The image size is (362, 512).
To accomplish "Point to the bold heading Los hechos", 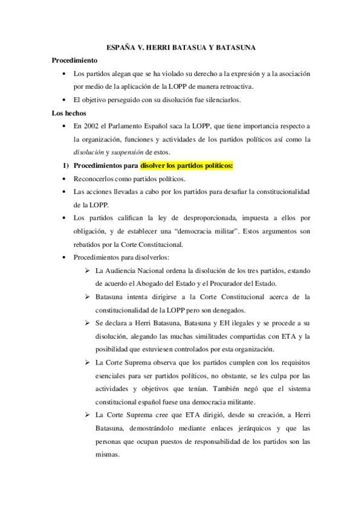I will [x=69, y=113].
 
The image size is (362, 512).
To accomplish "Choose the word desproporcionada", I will [x=202, y=218].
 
